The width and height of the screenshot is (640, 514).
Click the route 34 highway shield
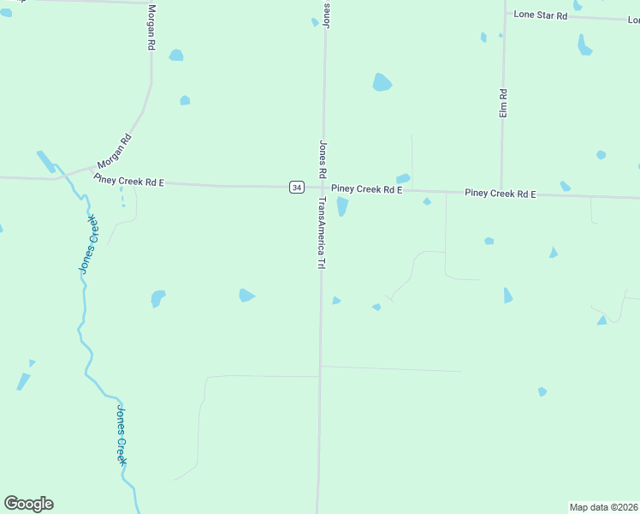[296, 187]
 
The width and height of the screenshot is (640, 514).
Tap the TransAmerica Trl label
[323, 234]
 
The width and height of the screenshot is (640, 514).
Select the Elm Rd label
[504, 103]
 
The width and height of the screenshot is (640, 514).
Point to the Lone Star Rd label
[540, 15]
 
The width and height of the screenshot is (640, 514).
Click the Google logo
[28, 504]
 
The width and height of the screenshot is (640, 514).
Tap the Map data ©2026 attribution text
[603, 507]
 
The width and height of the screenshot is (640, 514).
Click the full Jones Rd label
[323, 159]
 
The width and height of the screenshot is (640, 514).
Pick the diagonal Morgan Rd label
[114, 151]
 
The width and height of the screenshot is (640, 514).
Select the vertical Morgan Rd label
[151, 27]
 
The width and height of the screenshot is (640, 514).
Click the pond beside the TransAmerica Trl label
[342, 206]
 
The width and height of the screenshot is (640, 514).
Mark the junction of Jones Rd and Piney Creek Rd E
[323, 188]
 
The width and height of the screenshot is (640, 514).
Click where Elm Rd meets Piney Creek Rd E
[501, 192]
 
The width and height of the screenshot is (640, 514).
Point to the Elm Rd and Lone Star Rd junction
[505, 15]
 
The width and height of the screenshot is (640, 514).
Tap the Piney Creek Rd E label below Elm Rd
[500, 194]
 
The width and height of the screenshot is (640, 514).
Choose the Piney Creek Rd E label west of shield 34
[128, 182]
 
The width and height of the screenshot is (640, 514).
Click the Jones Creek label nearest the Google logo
[121, 435]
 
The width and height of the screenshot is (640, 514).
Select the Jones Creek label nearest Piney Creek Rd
[90, 244]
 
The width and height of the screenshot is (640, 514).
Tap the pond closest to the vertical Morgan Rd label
[176, 56]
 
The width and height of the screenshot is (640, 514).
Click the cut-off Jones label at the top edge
[326, 14]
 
